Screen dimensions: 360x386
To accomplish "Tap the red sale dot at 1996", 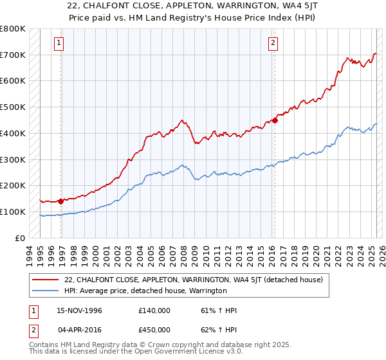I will [61, 201].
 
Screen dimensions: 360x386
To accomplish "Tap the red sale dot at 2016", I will [275, 120].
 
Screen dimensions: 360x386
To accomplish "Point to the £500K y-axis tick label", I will [13, 107].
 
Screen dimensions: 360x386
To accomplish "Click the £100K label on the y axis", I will [13, 212].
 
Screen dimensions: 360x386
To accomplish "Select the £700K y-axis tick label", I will [13, 55].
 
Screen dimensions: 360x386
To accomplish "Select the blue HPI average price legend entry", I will [145, 291].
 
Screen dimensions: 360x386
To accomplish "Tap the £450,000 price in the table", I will [154, 330].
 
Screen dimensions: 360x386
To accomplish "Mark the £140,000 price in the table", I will [154, 310].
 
